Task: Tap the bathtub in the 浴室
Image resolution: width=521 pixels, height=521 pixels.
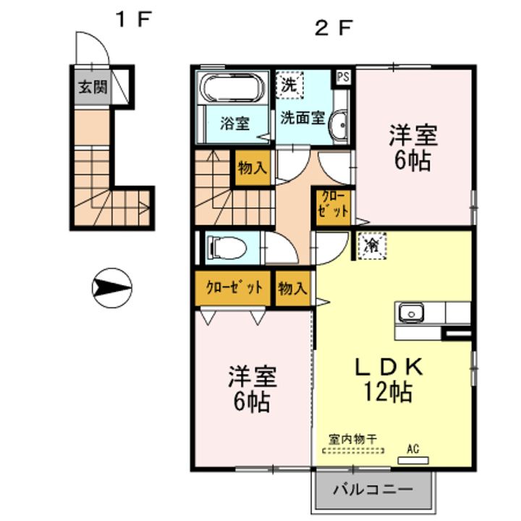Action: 232,88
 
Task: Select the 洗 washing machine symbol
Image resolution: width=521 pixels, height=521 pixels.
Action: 289,85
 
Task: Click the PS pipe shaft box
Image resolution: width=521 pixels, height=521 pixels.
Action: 343,77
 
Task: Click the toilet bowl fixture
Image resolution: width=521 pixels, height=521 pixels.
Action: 227,247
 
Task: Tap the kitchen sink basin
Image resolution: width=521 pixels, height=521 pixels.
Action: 411,313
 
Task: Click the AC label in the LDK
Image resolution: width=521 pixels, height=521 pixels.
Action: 413,449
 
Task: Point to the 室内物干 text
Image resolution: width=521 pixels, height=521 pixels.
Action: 353,440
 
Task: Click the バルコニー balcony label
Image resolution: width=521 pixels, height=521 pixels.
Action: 373,489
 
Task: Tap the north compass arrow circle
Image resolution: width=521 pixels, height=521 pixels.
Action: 111,288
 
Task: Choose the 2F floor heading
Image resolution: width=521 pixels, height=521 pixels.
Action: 333,28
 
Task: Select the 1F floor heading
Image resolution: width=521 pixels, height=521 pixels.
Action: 133,20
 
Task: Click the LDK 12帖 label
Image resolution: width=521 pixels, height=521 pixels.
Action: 389,379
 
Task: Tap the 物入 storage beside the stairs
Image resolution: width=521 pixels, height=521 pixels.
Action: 253,168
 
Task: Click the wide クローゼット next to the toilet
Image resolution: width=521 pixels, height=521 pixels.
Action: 234,287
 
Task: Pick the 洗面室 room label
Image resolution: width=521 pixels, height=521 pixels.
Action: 302,118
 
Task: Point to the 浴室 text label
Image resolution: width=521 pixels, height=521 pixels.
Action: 234,124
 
